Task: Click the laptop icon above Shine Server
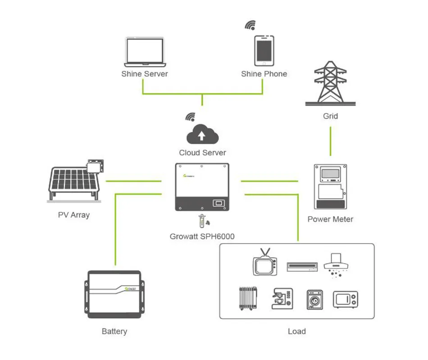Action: click(x=144, y=51)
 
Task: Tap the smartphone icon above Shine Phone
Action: click(x=264, y=50)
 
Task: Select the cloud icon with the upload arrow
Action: click(x=202, y=135)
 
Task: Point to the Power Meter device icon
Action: click(x=330, y=187)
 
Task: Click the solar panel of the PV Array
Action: click(x=72, y=183)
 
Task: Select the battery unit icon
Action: click(x=114, y=294)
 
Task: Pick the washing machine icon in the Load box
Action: click(x=315, y=299)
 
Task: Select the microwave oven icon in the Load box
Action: click(x=346, y=299)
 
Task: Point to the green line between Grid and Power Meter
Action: click(x=330, y=141)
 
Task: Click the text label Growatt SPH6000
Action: click(x=202, y=236)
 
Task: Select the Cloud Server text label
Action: click(x=202, y=153)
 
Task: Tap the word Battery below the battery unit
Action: click(x=114, y=332)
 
